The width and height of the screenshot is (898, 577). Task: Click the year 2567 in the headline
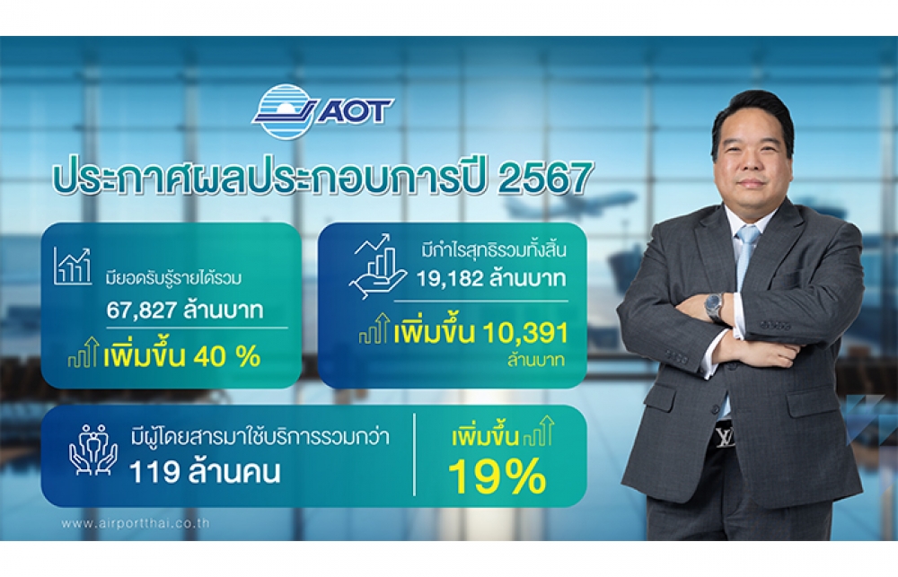[546, 178]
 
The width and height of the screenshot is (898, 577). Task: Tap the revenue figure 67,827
[142, 310]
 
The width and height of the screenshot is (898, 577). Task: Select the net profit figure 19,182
[451, 279]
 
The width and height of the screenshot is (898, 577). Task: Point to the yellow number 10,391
[525, 333]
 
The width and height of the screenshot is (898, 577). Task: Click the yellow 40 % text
[227, 356]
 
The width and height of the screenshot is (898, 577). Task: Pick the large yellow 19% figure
[497, 476]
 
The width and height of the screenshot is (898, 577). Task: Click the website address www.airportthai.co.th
[136, 523]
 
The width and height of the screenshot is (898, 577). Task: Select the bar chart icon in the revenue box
[73, 267]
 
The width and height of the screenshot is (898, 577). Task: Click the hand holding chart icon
[377, 267]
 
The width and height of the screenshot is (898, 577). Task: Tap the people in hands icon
[93, 450]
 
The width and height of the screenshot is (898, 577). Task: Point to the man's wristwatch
[715, 308]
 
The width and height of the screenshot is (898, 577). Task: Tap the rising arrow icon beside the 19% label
[539, 432]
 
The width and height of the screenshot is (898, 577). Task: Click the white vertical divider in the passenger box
[414, 454]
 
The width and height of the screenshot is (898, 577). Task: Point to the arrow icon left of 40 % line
[84, 353]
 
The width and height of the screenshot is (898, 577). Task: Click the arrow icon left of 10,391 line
[374, 328]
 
